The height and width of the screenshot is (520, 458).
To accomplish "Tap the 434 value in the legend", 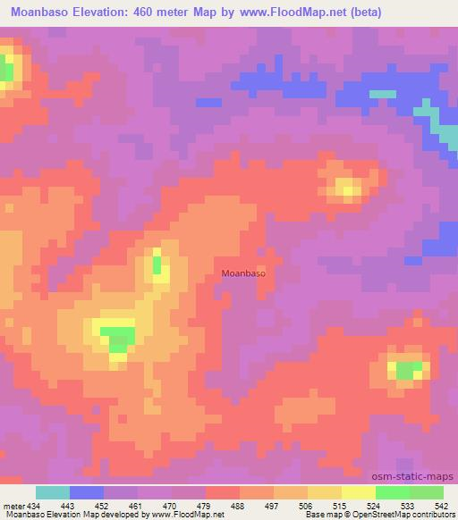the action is coord(33,505).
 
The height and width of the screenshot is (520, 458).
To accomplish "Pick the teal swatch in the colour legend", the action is coord(53,492).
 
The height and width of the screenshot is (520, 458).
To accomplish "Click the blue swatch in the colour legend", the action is coord(87,492).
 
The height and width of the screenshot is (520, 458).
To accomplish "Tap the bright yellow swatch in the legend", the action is coord(359,492).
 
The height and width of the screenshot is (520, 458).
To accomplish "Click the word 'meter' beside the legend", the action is coord(13,505).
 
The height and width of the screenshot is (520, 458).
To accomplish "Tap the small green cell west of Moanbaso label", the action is coord(157,264).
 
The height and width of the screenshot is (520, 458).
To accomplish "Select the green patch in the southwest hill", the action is coord(117,337).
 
